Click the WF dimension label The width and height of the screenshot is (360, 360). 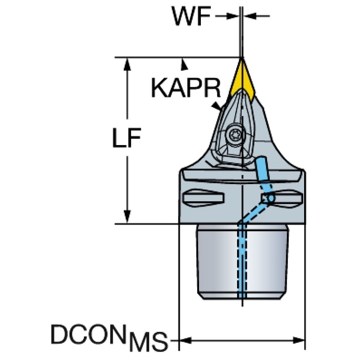coord(191,16)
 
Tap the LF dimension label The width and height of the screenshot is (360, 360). coord(127,138)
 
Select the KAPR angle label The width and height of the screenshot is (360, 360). coord(186,88)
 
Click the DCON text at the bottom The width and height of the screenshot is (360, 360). coord(89,334)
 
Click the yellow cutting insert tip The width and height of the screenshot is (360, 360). coord(242,60)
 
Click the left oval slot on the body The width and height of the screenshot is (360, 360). coord(203,198)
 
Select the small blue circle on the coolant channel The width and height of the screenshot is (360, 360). coord(271,198)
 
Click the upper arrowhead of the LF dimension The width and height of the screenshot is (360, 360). coord(127,64)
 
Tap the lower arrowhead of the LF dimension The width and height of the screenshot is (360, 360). coord(127,216)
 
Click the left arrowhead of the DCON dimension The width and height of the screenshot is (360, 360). coord(185,340)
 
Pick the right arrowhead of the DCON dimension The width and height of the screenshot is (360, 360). coord(299,340)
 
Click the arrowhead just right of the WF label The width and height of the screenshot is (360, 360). coord(233,16)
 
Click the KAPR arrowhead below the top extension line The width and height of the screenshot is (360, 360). coord(184,64)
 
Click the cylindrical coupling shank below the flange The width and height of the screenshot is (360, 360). coord(243,262)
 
